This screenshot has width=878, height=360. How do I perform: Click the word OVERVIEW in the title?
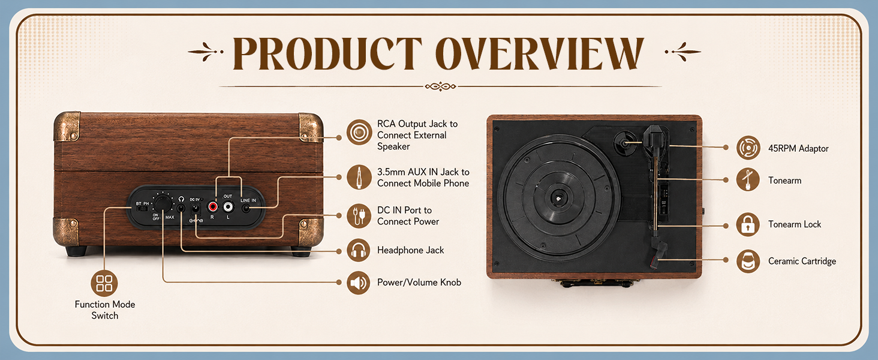(x=540, y=53)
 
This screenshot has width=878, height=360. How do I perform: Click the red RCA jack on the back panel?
(x=212, y=206)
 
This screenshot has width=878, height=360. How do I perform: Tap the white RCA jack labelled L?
(x=228, y=206)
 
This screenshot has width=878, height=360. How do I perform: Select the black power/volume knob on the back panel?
(x=163, y=204)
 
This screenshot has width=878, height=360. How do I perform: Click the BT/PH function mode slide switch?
(x=142, y=209)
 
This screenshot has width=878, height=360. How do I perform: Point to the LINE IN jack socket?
(x=246, y=208)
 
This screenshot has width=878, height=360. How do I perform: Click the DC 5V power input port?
(x=195, y=210)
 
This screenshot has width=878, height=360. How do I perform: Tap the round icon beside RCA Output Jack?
(x=359, y=132)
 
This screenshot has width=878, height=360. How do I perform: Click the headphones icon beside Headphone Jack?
(x=359, y=250)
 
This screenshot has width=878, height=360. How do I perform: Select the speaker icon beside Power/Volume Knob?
(x=359, y=283)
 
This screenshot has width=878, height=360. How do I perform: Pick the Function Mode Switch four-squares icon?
(x=104, y=283)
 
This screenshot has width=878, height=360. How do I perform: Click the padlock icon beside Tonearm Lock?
(x=748, y=224)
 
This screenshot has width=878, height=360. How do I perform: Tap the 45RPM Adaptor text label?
(x=798, y=149)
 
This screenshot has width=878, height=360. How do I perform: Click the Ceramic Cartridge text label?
(x=802, y=261)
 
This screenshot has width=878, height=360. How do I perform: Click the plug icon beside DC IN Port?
(x=359, y=215)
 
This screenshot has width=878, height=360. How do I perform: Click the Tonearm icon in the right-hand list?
(x=748, y=179)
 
